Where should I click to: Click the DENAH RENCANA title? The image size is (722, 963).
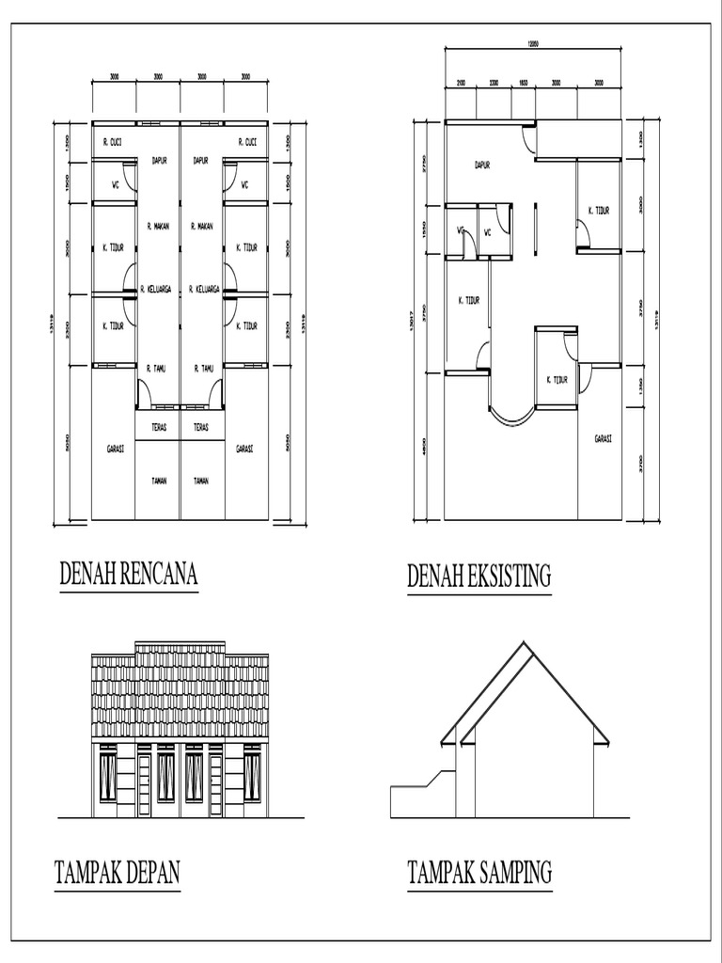[x=129, y=575]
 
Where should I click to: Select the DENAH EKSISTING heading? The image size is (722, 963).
[x=479, y=576]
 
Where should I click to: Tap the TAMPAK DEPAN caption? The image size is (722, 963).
[x=117, y=874]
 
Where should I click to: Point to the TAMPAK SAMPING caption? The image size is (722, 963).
[x=479, y=874]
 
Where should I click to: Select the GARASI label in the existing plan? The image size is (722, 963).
[x=603, y=438]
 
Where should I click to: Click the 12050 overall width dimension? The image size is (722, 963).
[x=533, y=44]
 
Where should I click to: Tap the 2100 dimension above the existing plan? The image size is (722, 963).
[x=461, y=83]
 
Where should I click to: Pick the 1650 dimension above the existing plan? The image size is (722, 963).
[x=524, y=83]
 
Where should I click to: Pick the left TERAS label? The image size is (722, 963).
[x=158, y=426]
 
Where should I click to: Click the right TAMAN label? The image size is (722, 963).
[x=201, y=481]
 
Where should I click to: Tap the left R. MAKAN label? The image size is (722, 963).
[x=158, y=226]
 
